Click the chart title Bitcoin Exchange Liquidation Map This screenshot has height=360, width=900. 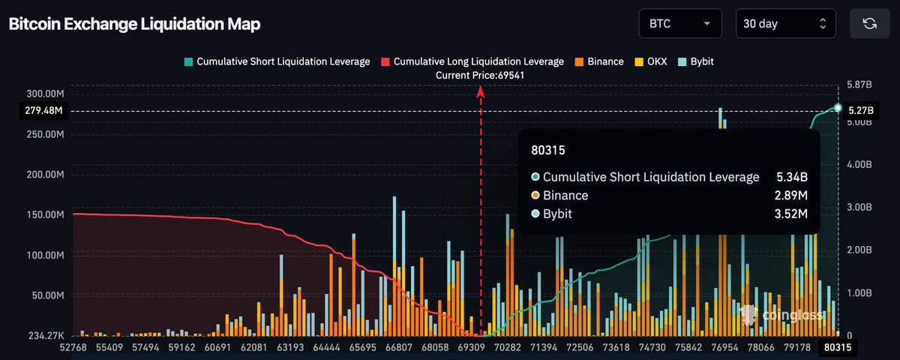tap(134, 24)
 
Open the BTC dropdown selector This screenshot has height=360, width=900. tap(679, 23)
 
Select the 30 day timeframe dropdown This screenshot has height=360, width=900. tap(784, 23)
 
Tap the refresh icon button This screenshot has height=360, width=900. tap(869, 23)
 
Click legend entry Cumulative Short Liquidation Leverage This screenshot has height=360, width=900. tap(277, 61)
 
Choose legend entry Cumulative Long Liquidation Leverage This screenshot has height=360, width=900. tap(472, 61)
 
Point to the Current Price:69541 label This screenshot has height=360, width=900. tap(480, 75)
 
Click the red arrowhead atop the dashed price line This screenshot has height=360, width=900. tap(481, 91)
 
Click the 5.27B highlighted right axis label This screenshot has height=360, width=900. tap(859, 110)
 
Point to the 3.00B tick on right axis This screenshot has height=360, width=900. tap(859, 207)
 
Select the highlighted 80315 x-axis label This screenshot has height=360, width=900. tap(835, 348)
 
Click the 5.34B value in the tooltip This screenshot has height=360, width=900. tap(792, 178)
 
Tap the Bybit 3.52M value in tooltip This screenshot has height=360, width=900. tap(791, 214)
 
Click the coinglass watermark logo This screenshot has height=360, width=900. tap(780, 315)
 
